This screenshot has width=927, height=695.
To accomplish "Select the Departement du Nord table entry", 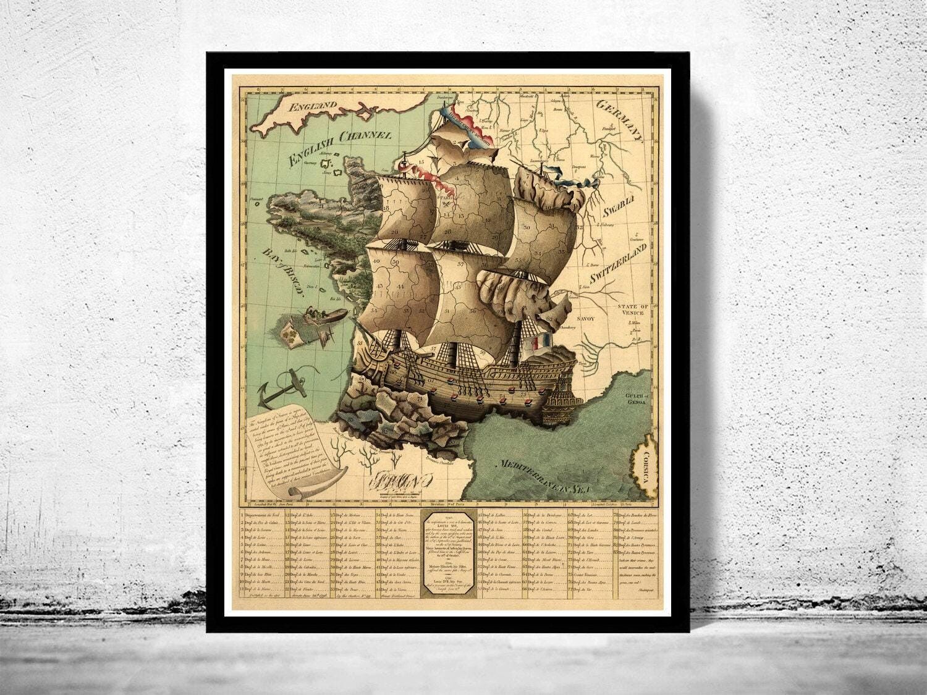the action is [262, 515].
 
